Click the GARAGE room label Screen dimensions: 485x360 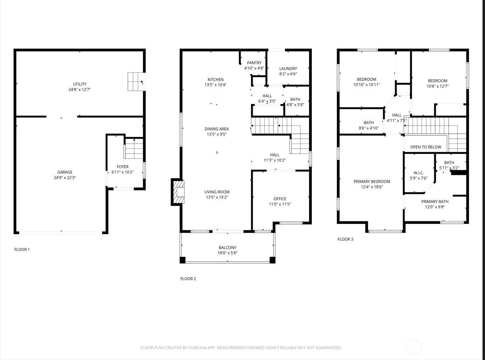click(x=65, y=172)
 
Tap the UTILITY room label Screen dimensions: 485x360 click(x=79, y=84)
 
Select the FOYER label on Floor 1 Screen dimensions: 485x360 click(x=123, y=167)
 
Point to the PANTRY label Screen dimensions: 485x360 click(x=254, y=63)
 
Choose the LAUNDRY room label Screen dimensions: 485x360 click(x=288, y=69)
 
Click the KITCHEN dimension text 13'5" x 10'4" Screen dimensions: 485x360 click(x=216, y=85)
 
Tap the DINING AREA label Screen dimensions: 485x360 click(x=216, y=129)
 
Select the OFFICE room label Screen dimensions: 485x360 click(x=280, y=199)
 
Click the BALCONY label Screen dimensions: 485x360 click(x=227, y=247)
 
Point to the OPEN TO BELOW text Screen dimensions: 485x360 click(x=426, y=147)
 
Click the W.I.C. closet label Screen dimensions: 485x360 click(x=418, y=173)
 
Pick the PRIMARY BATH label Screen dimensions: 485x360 click(x=434, y=202)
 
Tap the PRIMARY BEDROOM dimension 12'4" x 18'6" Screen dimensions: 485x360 click(x=372, y=187)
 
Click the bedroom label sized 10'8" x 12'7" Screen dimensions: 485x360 click(x=437, y=81)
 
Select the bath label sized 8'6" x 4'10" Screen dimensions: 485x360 click(x=369, y=123)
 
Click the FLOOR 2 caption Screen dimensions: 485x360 click(x=188, y=279)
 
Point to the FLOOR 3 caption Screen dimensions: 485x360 click(x=345, y=239)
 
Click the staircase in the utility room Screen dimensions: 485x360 click(x=136, y=81)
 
